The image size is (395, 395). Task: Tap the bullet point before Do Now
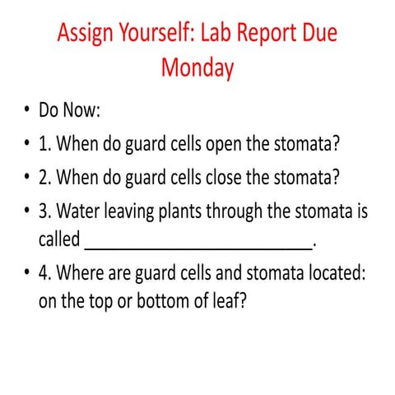(x=26, y=110)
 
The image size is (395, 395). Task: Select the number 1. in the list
(x=45, y=144)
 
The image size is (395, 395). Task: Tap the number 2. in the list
(x=45, y=178)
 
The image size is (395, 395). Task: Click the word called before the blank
(x=59, y=240)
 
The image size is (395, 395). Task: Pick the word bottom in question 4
(x=174, y=301)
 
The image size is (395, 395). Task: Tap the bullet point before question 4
(x=26, y=273)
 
